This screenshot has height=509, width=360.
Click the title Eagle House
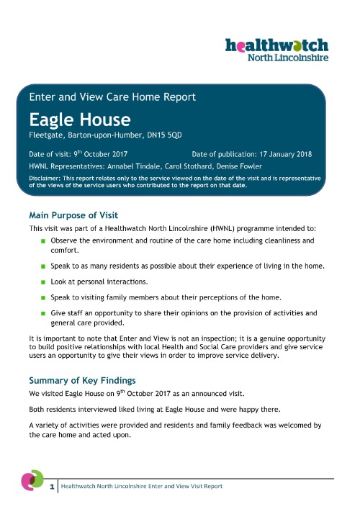[x=70, y=118]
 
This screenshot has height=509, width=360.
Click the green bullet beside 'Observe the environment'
[x=43, y=240]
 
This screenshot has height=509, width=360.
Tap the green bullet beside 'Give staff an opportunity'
[x=43, y=313]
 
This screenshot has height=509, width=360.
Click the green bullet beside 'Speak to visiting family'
[x=43, y=297]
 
